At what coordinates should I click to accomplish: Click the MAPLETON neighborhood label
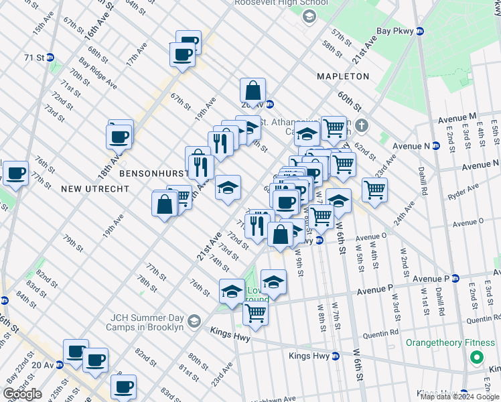coord(343,76)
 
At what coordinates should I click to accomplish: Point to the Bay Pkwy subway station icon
coord(420,31)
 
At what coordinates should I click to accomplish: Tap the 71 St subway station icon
coord(51,58)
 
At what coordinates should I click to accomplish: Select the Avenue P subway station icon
coord(455,278)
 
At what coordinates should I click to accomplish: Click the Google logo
coord(22,394)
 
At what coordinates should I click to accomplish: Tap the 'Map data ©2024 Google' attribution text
coord(459,397)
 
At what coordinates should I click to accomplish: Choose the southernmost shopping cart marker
coord(256,313)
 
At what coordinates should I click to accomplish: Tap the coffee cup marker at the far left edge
coord(15,173)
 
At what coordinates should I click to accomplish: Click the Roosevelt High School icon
coord(309,16)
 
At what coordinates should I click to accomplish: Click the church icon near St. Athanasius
coord(362,125)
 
